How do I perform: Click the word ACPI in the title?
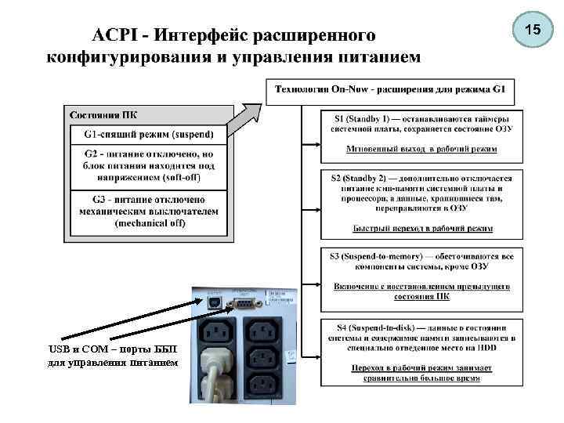[120, 36]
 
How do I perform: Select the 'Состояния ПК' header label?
[101, 114]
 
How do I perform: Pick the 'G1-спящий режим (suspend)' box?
[148, 134]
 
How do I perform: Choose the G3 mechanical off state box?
[148, 211]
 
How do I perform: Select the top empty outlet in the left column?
[216, 331]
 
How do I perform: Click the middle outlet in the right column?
[263, 356]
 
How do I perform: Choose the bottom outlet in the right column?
[263, 385]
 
